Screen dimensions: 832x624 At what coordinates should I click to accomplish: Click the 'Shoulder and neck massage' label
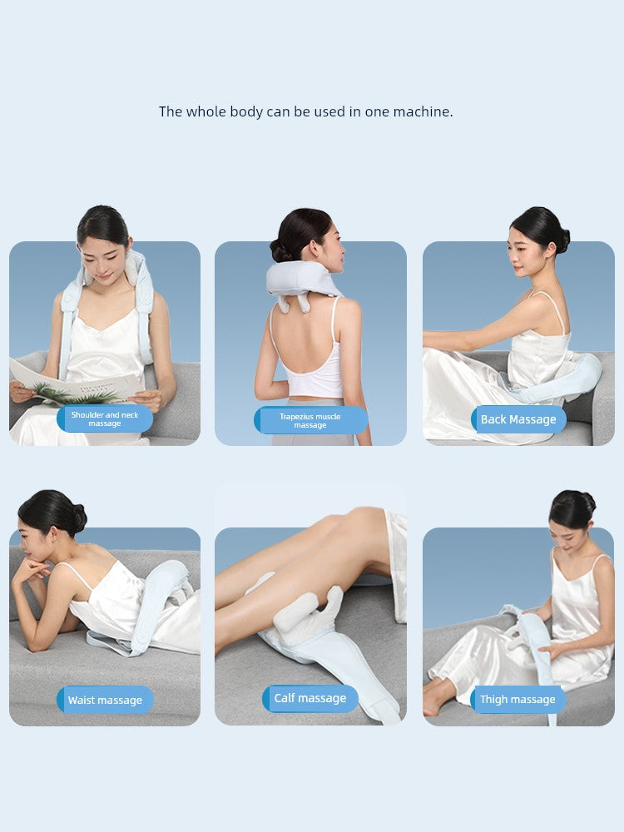105,418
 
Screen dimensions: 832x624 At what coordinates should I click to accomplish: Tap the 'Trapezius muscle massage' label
310,420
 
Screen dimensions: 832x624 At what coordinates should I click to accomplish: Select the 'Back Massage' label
518,419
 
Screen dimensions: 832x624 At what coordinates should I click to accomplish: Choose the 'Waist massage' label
105,700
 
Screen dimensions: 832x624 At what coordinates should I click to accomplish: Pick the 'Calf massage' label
310,698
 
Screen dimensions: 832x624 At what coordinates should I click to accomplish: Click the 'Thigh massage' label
518,700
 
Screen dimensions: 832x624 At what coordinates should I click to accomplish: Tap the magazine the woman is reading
75,388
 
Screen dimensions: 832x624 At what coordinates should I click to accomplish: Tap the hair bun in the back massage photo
562,240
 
